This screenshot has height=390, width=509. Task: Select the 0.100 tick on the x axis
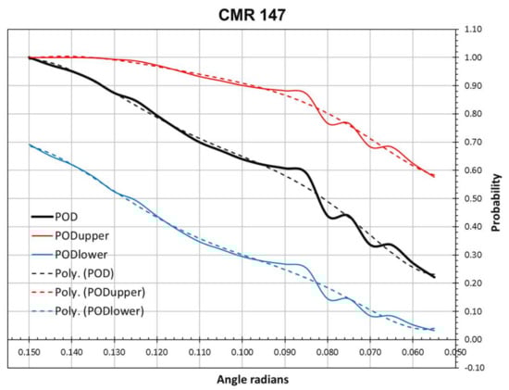(242, 353)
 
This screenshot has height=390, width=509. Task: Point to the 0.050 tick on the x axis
(453, 353)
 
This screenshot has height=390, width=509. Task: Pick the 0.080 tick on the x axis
(327, 353)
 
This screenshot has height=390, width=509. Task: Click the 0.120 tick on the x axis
(156, 353)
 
